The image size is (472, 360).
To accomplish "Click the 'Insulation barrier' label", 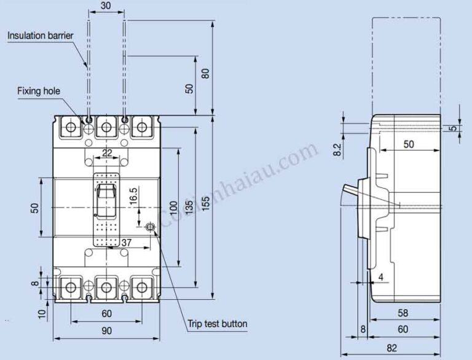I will click(41, 36).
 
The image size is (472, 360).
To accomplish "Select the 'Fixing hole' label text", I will click(39, 91).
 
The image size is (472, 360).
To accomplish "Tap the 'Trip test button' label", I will click(217, 323).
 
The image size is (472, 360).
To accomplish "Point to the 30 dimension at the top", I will click(106, 6).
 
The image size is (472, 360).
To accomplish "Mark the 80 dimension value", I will click(206, 72).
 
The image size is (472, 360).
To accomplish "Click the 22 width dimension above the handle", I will click(107, 153).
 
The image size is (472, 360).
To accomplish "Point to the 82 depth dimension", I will click(392, 348).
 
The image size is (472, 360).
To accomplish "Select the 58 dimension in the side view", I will click(403, 313).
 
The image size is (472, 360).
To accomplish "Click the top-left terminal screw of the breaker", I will click(71, 128).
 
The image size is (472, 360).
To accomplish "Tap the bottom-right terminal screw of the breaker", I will click(143, 287).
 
